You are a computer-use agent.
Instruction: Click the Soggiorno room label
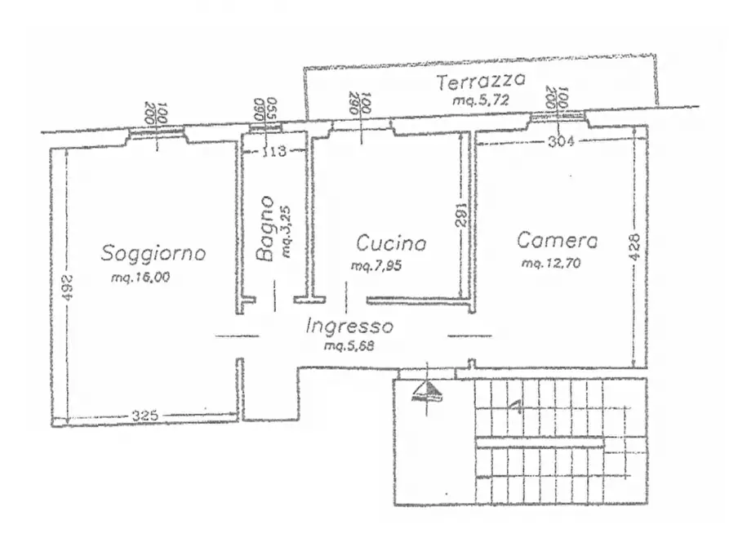click(153, 253)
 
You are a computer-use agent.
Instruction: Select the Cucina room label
click(391, 243)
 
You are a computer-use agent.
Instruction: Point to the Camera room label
click(558, 241)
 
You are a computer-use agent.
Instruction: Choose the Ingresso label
click(349, 327)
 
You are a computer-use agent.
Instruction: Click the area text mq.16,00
click(140, 278)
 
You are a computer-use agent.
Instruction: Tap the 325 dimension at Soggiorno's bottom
click(144, 416)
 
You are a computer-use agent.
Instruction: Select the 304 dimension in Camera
click(560, 141)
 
